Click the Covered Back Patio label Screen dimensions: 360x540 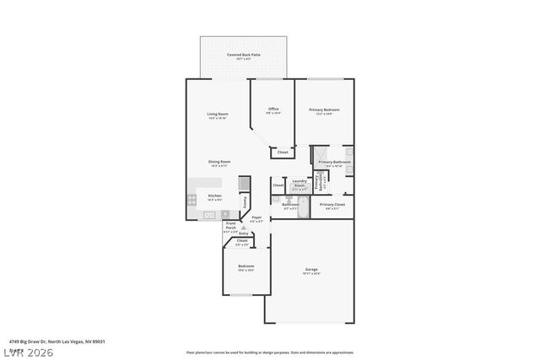[x=243, y=55]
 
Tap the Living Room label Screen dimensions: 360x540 [x=218, y=115]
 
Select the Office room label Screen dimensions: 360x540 [x=273, y=109]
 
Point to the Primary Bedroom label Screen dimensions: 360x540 [x=325, y=110]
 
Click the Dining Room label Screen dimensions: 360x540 [x=219, y=162]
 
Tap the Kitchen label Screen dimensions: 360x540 [x=214, y=196]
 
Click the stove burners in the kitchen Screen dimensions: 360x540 [x=192, y=201]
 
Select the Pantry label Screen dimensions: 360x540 [x=246, y=201]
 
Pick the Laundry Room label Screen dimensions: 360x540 [x=299, y=182]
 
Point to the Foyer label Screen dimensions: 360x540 [x=256, y=218]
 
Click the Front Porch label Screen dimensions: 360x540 [x=230, y=226]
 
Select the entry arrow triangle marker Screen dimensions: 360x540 [x=243, y=227]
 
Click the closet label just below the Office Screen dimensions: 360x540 [x=283, y=152]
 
